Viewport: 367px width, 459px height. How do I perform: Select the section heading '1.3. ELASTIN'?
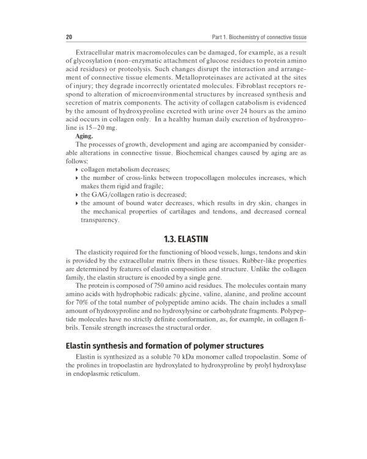(183, 236)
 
